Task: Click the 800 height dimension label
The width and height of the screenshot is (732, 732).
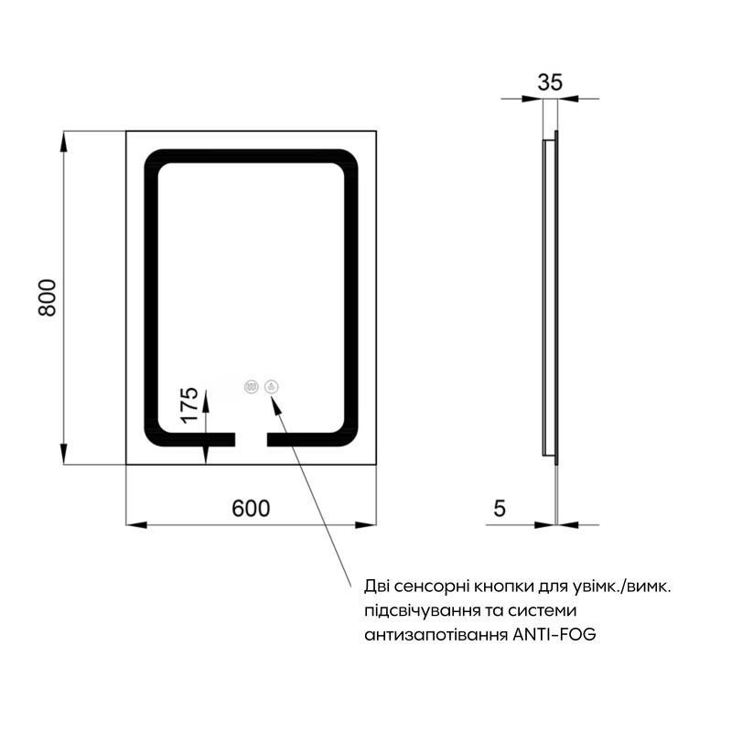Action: click(x=48, y=297)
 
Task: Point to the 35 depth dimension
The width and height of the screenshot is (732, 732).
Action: click(x=549, y=81)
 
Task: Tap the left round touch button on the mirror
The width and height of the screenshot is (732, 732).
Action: click(x=251, y=387)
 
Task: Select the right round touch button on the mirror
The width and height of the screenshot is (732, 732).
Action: click(x=272, y=387)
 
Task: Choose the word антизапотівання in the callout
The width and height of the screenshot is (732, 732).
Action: click(x=435, y=634)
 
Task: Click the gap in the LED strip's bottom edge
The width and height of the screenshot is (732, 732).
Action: click(x=251, y=440)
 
